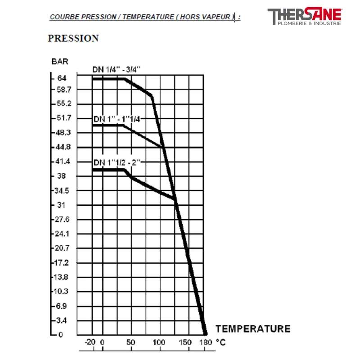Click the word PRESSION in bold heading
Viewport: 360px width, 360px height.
click(x=73, y=38)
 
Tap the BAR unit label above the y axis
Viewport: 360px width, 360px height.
click(x=60, y=62)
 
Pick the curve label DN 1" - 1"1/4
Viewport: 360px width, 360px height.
click(x=117, y=119)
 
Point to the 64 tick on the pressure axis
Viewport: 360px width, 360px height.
click(x=62, y=78)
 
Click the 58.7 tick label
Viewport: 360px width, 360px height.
click(x=63, y=90)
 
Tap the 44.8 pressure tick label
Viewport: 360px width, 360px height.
click(x=63, y=147)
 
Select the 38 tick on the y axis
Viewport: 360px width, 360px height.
click(x=62, y=176)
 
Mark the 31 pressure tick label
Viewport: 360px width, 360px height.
click(x=61, y=205)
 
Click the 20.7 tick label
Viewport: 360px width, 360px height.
click(x=63, y=248)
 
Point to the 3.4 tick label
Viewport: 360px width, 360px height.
click(x=62, y=320)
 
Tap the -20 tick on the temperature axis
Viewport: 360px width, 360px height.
click(x=90, y=342)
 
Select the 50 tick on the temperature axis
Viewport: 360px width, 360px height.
click(x=130, y=342)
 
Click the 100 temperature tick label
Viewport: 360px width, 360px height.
click(x=160, y=342)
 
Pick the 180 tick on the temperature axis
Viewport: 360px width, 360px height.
click(x=205, y=342)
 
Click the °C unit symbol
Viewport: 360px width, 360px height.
click(x=220, y=342)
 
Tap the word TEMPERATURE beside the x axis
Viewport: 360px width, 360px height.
click(x=253, y=328)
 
